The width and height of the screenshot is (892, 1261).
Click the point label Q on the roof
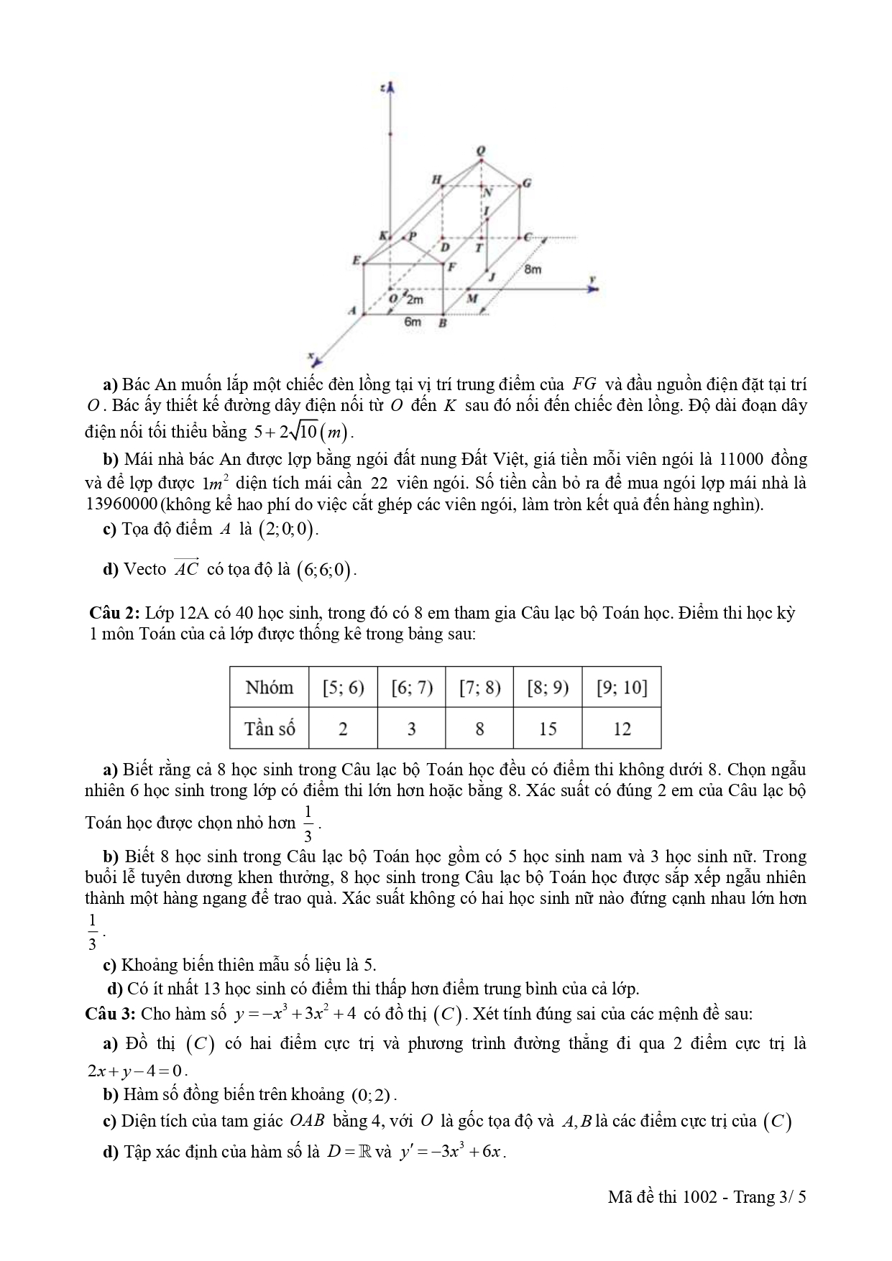(x=481, y=150)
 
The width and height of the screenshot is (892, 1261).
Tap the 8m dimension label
(x=533, y=269)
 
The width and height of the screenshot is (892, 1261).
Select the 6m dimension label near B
(x=412, y=322)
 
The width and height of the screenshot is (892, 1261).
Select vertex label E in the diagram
(x=355, y=260)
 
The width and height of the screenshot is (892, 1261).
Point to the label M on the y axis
(x=472, y=298)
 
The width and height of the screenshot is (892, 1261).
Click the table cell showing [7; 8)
(x=479, y=688)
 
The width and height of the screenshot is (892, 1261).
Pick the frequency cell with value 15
(x=548, y=729)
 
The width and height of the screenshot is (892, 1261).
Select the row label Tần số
(x=270, y=729)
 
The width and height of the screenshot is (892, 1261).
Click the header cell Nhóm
(x=270, y=688)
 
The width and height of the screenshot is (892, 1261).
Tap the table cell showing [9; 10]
(x=622, y=688)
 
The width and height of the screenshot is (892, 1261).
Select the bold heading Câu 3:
(x=110, y=1014)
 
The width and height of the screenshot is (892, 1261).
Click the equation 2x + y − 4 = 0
(x=136, y=1070)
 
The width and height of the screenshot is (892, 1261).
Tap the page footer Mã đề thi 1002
(x=662, y=1196)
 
